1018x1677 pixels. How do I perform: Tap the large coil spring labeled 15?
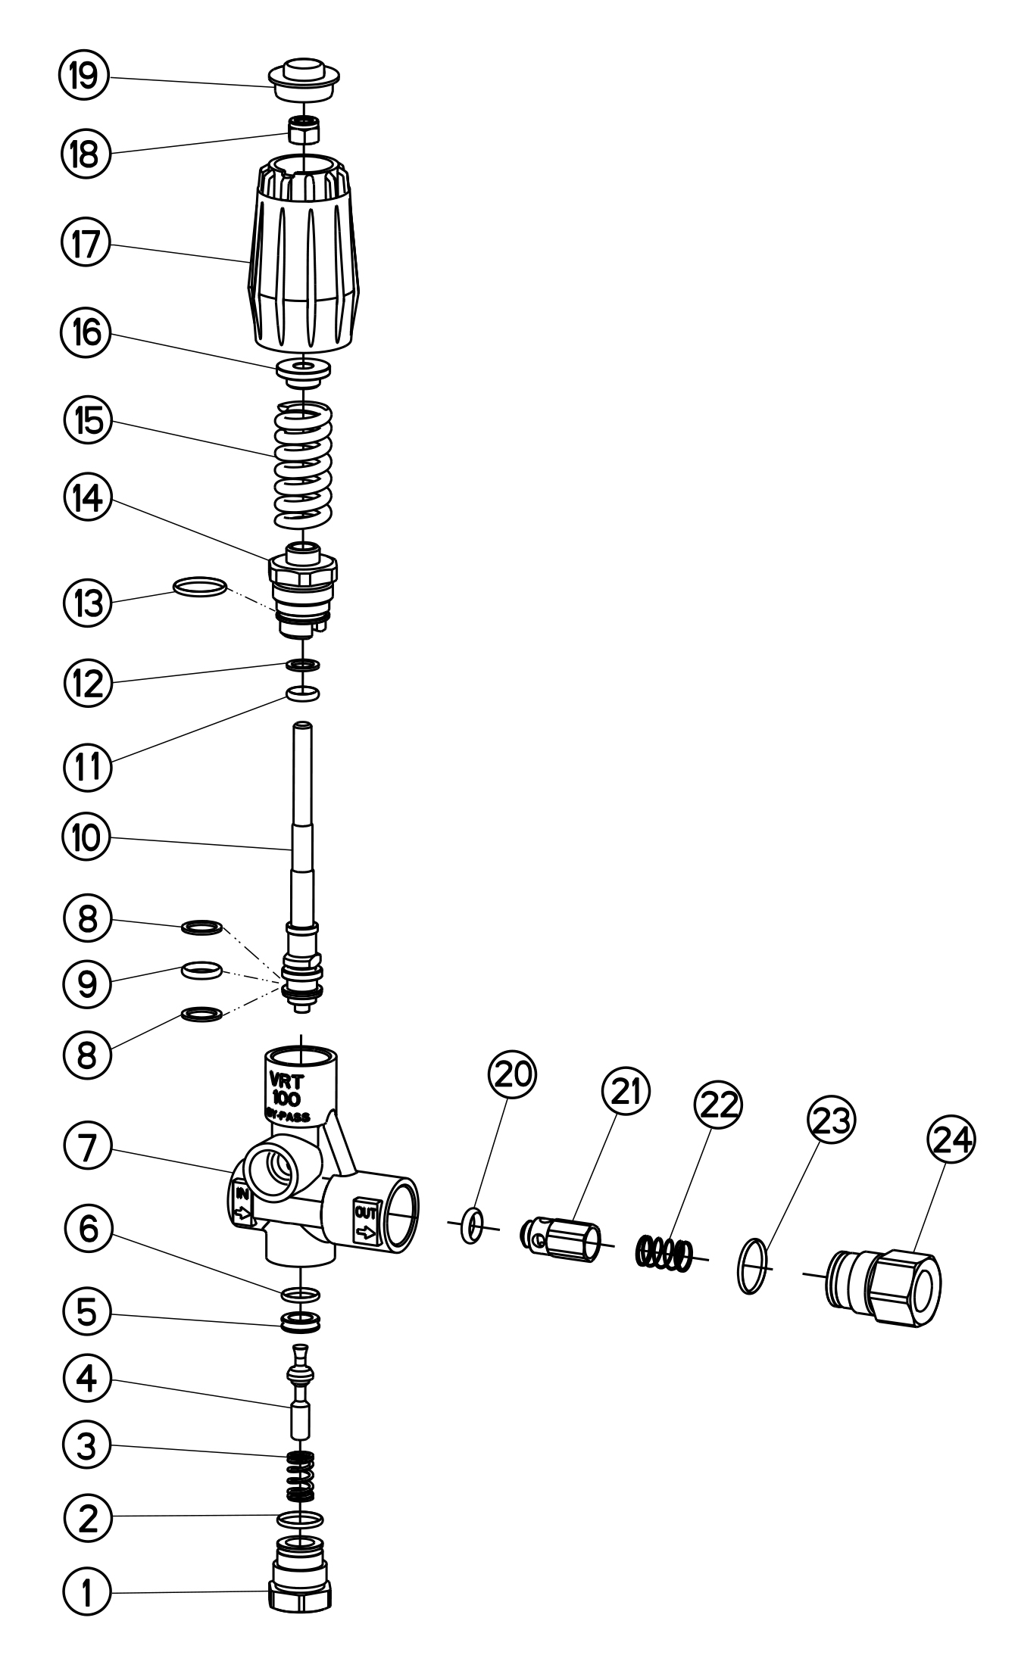303,466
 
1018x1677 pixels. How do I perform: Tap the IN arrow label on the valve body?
243,1205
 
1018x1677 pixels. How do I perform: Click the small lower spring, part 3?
301,1476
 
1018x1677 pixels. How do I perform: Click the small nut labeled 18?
302,132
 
